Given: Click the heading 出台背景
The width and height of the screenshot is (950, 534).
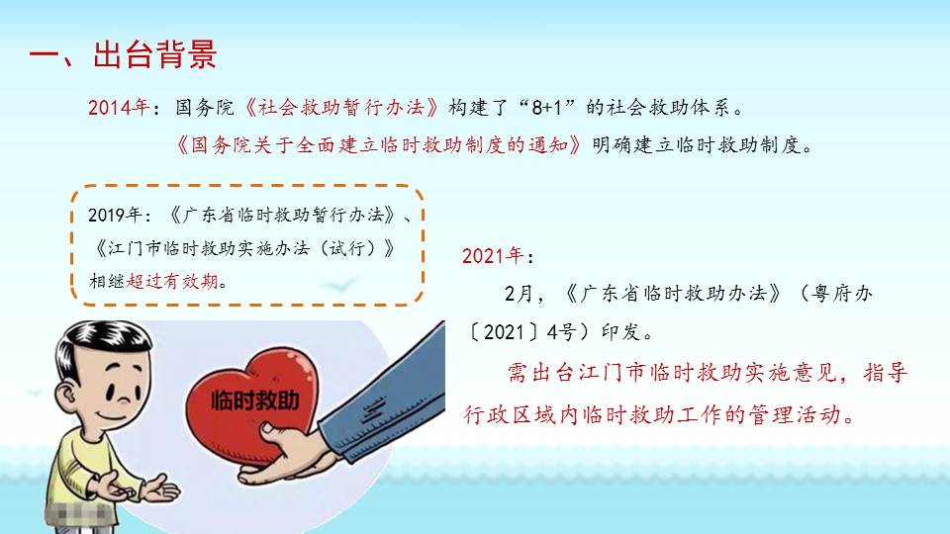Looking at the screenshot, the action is point(155,55).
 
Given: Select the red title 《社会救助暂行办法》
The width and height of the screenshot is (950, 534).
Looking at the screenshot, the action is point(341,107).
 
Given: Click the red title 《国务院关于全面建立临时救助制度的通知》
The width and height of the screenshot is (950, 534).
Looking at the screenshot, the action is point(379,145).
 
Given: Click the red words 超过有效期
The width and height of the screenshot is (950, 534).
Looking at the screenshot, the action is point(172,281).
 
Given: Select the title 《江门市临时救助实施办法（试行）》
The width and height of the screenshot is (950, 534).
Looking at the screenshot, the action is point(244,248).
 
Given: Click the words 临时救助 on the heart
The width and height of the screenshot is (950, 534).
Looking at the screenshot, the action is point(255,400).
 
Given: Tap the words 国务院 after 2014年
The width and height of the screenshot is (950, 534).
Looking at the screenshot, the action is point(204,107).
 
